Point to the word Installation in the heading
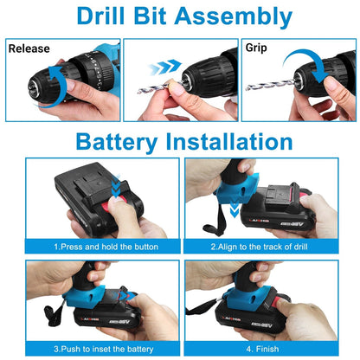click(235, 140)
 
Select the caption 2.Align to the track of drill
click(270, 247)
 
